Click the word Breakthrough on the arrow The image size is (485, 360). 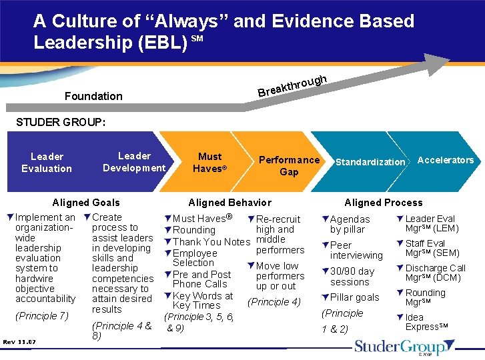[x=292, y=85]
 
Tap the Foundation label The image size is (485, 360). [x=93, y=96]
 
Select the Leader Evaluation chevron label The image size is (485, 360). [x=47, y=163]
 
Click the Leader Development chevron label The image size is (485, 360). [x=134, y=162]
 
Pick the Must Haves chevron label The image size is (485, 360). [x=209, y=163]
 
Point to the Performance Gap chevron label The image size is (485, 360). [x=289, y=165]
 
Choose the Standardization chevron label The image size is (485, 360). [x=370, y=162]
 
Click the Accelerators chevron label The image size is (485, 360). [x=445, y=160]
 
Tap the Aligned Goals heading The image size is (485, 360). [x=86, y=203]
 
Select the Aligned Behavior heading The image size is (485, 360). [x=229, y=203]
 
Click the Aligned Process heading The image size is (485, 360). [x=383, y=203]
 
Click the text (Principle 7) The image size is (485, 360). [x=41, y=315]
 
